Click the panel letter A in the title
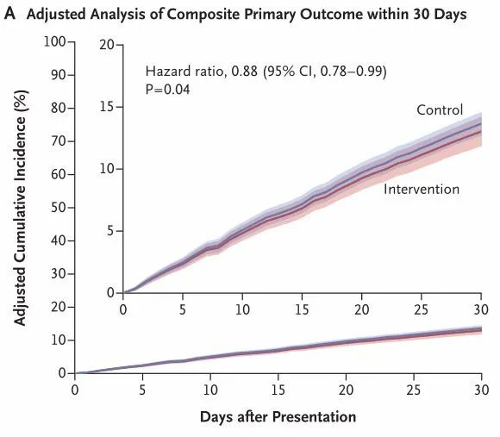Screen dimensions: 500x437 (x=9, y=14)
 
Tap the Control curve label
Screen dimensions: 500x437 (x=440, y=110)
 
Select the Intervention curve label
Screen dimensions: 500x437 (x=422, y=190)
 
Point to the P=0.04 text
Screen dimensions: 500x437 (x=168, y=90)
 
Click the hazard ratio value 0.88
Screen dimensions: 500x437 (x=245, y=71)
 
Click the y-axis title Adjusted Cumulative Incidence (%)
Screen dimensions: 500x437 (x=20, y=208)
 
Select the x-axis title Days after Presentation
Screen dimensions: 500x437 (x=278, y=417)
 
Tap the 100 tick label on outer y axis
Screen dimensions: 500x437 (x=54, y=41)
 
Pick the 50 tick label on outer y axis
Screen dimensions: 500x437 (x=59, y=208)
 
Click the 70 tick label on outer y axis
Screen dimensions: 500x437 (x=59, y=140)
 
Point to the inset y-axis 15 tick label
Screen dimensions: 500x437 (x=107, y=107)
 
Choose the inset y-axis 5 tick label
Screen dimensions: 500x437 (x=110, y=230)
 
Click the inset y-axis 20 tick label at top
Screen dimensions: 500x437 (x=107, y=45)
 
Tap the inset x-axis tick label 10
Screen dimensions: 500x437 (x=242, y=309)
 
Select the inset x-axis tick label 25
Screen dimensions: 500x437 (x=422, y=309)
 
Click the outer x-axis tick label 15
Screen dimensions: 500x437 (x=278, y=390)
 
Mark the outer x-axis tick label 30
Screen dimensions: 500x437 (x=481, y=390)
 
